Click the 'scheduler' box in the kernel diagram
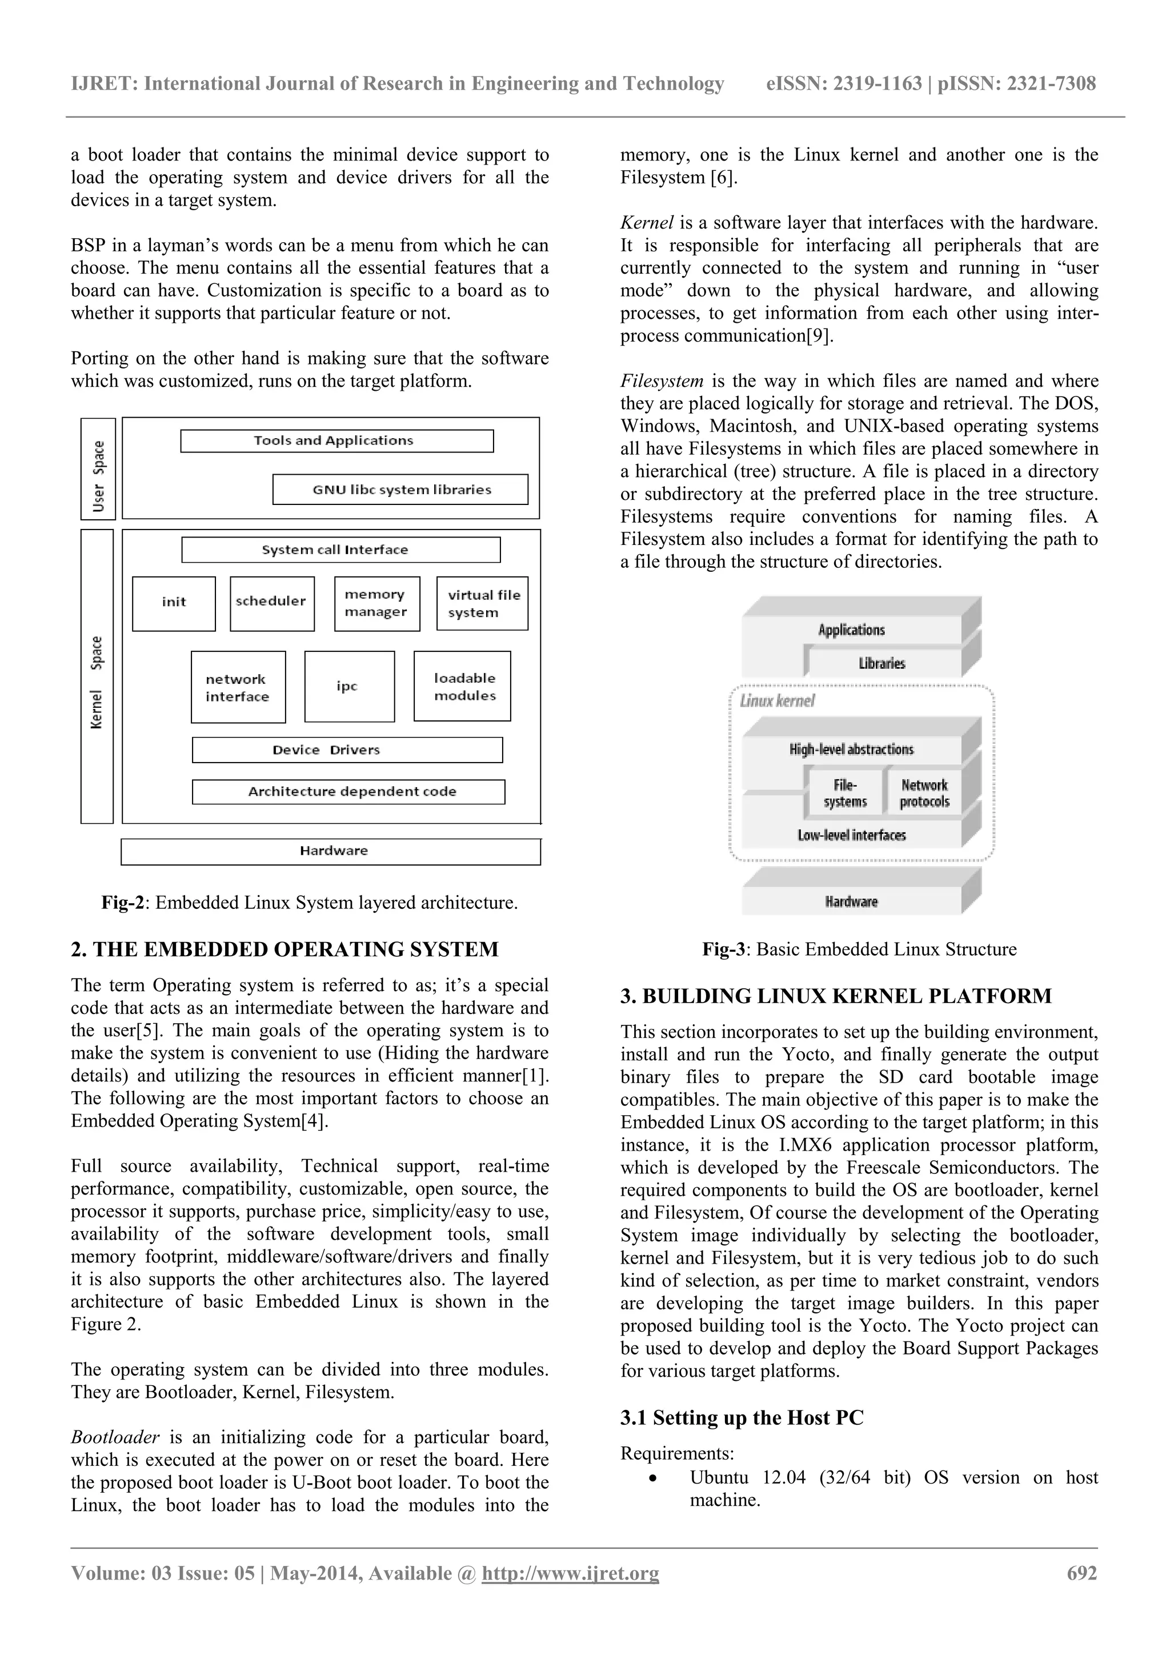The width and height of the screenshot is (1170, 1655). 272,603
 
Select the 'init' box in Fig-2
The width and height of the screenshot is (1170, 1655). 174,603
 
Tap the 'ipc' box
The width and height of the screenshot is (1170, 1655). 349,686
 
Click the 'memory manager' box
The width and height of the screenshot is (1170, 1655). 377,603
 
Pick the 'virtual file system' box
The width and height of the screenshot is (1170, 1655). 482,603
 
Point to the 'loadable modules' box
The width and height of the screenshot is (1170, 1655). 462,686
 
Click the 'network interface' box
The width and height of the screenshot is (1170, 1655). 238,687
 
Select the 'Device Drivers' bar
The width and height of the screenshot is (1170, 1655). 347,750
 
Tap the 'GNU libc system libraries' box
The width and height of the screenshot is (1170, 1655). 400,490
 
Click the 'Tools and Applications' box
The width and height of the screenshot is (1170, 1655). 336,440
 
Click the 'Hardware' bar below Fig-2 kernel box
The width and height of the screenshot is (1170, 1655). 330,851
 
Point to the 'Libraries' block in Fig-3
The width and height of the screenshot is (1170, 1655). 881,663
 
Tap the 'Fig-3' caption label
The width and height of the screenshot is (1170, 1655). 723,949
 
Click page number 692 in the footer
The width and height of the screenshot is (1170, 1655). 1081,1573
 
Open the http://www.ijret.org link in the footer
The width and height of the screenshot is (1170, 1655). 570,1573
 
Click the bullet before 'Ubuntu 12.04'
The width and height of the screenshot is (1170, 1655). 652,1478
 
